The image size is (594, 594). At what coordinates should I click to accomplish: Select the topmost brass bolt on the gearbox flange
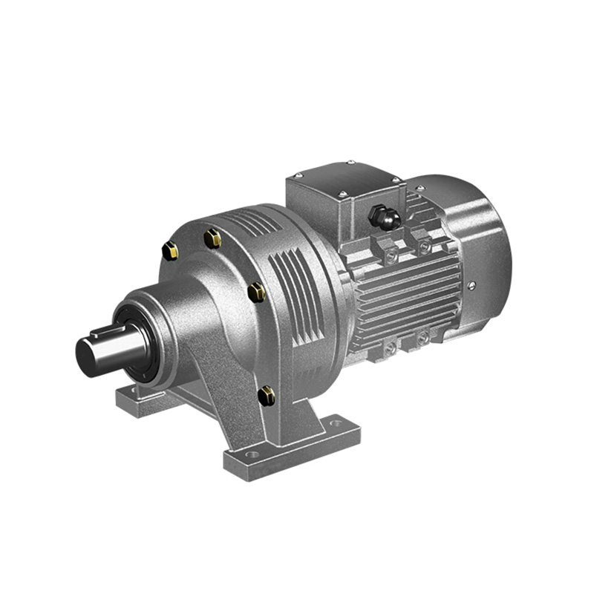point(212,238)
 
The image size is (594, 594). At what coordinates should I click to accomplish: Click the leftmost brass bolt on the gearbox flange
point(169,251)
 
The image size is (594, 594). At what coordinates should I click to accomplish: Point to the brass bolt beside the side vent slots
point(257,290)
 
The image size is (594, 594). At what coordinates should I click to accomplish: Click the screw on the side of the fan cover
point(470,284)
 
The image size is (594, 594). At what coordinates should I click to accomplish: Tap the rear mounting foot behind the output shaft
point(141,402)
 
